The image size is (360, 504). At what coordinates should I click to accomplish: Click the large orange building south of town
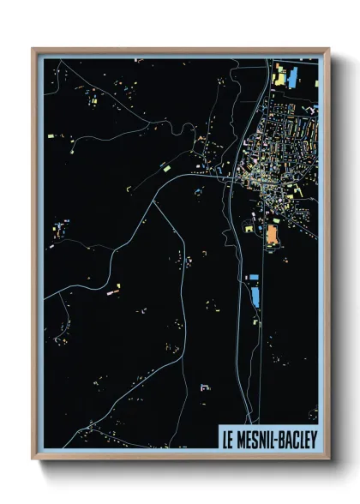click(273, 233)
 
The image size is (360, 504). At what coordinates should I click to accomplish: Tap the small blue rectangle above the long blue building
click(252, 278)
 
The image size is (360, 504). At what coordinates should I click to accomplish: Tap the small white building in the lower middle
click(205, 387)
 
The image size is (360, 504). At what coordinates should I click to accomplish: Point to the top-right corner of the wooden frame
click(329, 49)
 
